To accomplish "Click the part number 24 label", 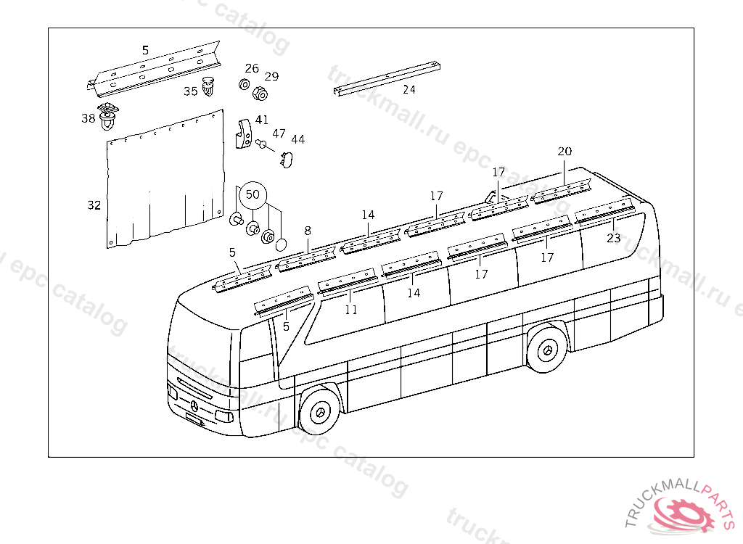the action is click(x=409, y=90).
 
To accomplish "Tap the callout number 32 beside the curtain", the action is click(x=94, y=205).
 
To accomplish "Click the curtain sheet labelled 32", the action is click(x=164, y=181).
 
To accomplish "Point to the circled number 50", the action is click(x=252, y=194).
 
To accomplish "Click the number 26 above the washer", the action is click(x=251, y=69).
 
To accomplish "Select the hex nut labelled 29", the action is click(x=258, y=94).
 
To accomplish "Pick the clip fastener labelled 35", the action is click(x=210, y=86).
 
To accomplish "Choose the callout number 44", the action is click(x=297, y=139).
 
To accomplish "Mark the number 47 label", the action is click(x=279, y=133).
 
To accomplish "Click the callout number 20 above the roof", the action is click(x=565, y=151).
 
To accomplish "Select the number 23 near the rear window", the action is click(x=614, y=237).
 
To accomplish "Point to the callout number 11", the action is click(x=351, y=310).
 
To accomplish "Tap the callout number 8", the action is click(x=308, y=231).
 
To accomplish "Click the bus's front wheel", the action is click(x=320, y=412).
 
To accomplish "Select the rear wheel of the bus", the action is click(x=548, y=351).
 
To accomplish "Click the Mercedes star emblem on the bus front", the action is click(x=194, y=405).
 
